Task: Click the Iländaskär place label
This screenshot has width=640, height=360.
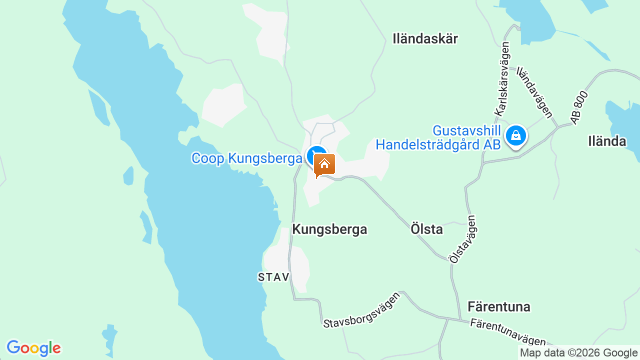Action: click(425, 39)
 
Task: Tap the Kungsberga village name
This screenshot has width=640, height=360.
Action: click(329, 229)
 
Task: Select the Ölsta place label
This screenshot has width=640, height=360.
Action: click(426, 229)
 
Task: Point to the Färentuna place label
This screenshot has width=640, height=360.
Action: click(498, 306)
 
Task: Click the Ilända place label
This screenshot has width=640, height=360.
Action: click(607, 141)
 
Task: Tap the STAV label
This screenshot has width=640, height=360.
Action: click(274, 277)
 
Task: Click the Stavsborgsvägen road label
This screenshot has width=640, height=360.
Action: click(362, 310)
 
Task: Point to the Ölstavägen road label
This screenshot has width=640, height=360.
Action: click(462, 239)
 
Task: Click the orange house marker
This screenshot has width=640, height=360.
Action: click(324, 164)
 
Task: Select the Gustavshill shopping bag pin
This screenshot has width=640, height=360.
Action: click(515, 135)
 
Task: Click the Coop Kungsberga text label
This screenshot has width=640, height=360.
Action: click(247, 158)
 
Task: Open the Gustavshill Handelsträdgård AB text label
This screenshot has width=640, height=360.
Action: click(438, 138)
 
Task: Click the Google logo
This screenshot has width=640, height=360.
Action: click(33, 348)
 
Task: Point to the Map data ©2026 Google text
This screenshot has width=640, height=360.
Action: click(578, 353)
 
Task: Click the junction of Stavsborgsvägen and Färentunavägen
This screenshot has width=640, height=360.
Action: click(460, 319)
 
